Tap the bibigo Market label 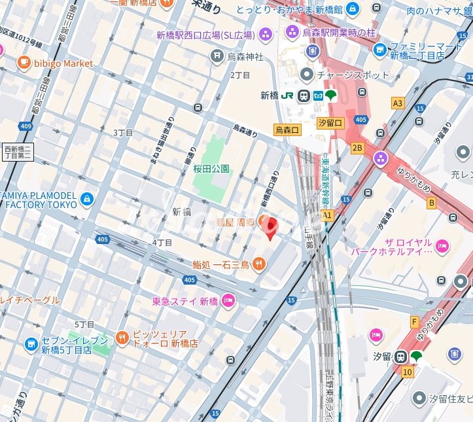pyautogui.click(x=63, y=63)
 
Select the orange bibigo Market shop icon pyautogui.click(x=24, y=63)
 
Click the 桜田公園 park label pyautogui.click(x=211, y=168)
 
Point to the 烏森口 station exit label pyautogui.click(x=287, y=130)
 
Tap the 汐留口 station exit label pyautogui.click(x=330, y=123)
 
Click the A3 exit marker pyautogui.click(x=398, y=103)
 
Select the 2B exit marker pyautogui.click(x=357, y=148)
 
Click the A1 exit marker pyautogui.click(x=327, y=215)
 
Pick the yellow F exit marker pyautogui.click(x=414, y=322)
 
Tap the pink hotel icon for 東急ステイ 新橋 pyautogui.click(x=228, y=301)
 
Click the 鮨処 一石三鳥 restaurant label pyautogui.click(x=220, y=264)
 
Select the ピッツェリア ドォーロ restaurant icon pyautogui.click(x=122, y=338)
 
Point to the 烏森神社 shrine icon pyautogui.click(x=217, y=58)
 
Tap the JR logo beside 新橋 pyautogui.click(x=287, y=96)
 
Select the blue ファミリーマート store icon pyautogui.click(x=380, y=50)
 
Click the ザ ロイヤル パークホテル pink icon pyautogui.click(x=442, y=246)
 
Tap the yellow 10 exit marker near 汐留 pyautogui.click(x=408, y=372)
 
